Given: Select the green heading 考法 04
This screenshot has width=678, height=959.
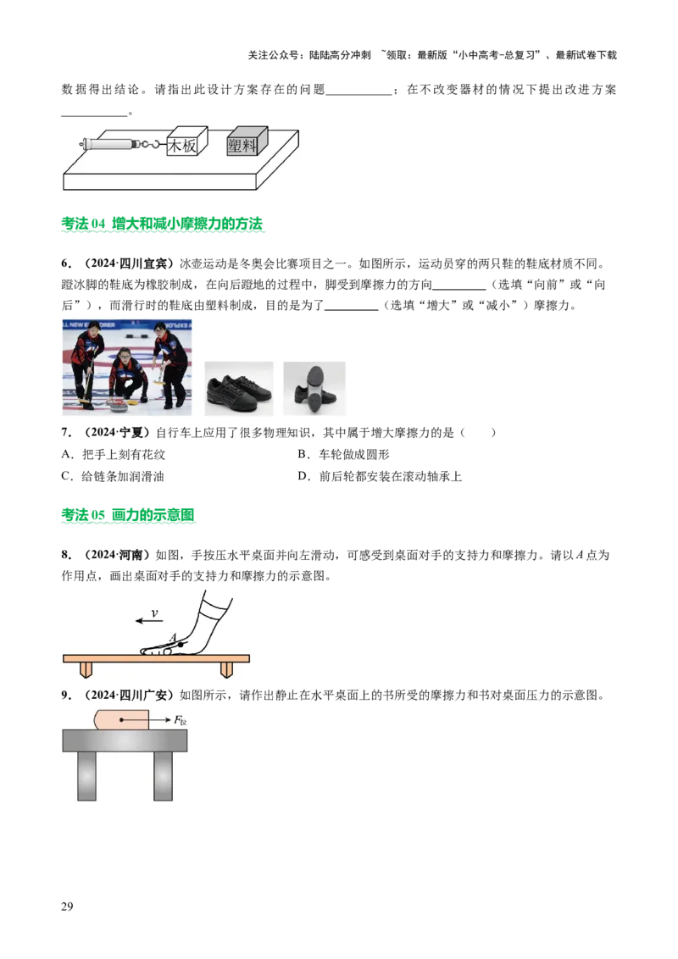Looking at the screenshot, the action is (162, 224).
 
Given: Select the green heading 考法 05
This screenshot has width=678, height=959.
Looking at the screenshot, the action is (128, 515).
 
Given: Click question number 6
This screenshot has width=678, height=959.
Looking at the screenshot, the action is (66, 263).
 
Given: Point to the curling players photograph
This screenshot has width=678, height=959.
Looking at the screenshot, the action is (126, 367).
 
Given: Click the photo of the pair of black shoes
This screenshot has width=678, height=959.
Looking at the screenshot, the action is (239, 388).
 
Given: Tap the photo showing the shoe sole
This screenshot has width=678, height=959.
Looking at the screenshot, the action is (314, 388).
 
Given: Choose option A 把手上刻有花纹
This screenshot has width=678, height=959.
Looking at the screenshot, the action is (114, 454).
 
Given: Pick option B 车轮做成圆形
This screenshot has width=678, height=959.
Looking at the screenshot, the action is (343, 454).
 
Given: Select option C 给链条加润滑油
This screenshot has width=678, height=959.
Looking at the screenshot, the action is (113, 476).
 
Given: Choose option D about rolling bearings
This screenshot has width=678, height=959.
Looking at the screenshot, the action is (380, 476).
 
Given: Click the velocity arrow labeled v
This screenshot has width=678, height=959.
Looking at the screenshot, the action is (149, 621).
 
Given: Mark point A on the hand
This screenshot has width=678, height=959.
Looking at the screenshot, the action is (181, 645).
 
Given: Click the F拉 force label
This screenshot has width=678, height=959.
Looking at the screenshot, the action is (181, 720).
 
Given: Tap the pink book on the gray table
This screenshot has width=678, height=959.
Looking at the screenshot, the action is (121, 719).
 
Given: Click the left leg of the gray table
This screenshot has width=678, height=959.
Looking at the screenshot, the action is (87, 775).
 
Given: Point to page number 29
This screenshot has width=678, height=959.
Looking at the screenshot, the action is (67, 906).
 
